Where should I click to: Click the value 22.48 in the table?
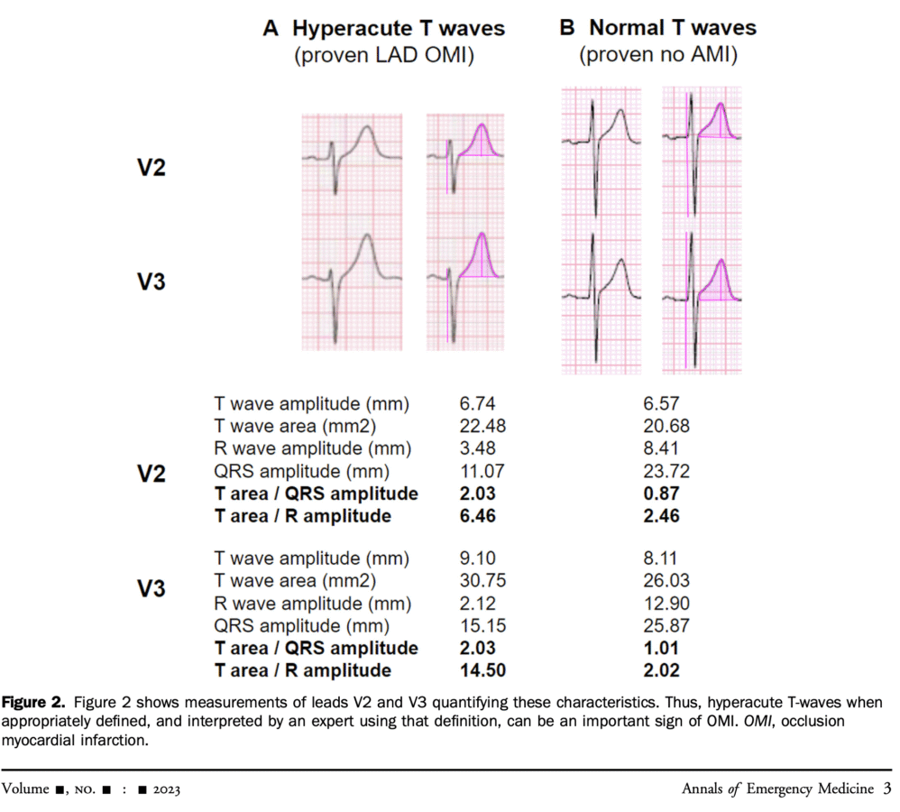tap(482, 426)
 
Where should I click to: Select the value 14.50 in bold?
tap(482, 670)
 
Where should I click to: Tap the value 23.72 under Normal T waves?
tap(666, 471)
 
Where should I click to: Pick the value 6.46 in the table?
tap(477, 516)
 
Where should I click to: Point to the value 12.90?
tap(666, 603)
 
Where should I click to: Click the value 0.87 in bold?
tap(661, 494)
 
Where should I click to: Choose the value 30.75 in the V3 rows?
tap(482, 580)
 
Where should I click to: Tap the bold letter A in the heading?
tap(271, 28)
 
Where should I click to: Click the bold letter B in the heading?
tap(566, 27)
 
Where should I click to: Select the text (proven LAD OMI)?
tap(384, 55)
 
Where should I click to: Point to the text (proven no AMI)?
tap(657, 54)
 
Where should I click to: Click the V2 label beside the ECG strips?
tap(151, 167)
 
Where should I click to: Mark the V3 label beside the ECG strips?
tap(151, 281)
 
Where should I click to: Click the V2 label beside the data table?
tap(151, 474)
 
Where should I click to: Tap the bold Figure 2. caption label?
tap(33, 702)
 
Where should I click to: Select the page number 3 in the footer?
tap(886, 788)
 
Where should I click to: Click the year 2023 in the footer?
tap(167, 789)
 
